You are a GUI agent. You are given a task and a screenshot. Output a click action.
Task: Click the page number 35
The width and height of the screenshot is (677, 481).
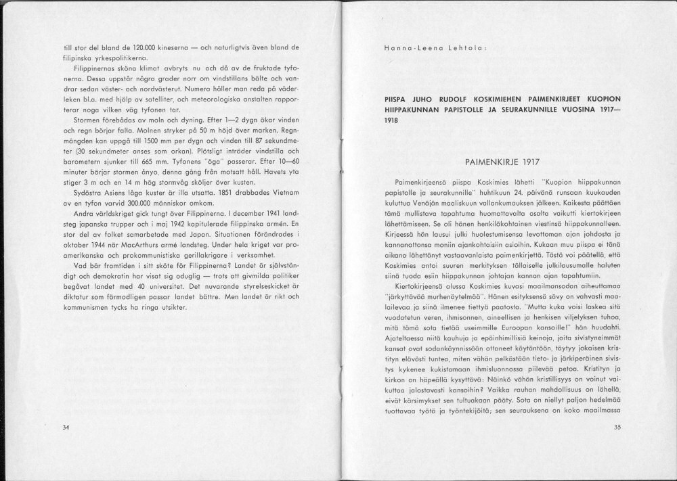click(x=617, y=427)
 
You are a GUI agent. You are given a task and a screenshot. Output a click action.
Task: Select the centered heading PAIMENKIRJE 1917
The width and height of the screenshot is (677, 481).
click(x=500, y=162)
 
